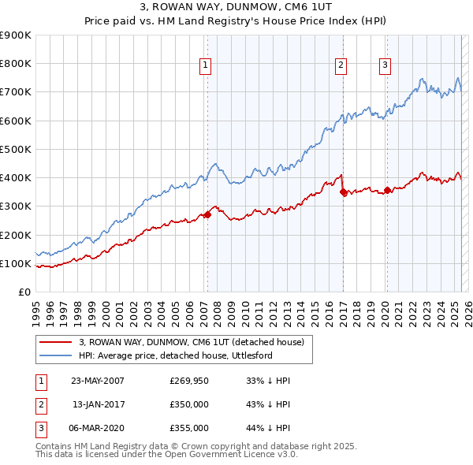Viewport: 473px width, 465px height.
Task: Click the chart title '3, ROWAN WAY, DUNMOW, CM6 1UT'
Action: tap(236, 9)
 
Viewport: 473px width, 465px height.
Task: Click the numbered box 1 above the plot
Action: tap(205, 66)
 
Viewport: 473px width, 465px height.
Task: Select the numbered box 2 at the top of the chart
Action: tap(341, 66)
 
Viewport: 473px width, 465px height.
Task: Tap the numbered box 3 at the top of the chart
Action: tap(385, 66)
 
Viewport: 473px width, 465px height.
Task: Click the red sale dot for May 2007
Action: tap(207, 214)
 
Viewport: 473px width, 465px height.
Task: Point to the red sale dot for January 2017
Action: tap(343, 192)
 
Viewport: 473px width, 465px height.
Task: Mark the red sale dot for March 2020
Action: tap(387, 190)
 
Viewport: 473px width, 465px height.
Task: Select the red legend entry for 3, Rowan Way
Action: tap(196, 342)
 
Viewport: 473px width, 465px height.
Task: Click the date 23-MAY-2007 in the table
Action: tap(98, 381)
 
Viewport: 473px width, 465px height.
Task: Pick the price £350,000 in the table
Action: tap(188, 404)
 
